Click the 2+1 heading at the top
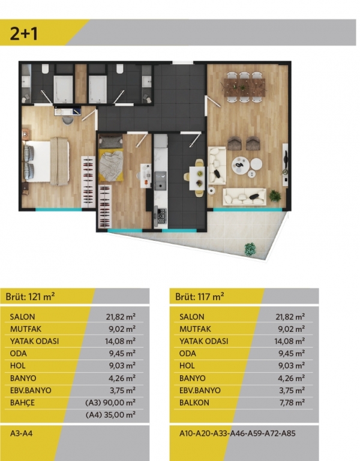click(x=24, y=33)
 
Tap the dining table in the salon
click(x=245, y=86)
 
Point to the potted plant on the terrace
click(x=250, y=249)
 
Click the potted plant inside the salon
click(x=274, y=195)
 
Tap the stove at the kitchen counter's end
click(x=161, y=217)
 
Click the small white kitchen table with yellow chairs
click(x=197, y=178)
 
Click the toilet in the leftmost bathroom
click(x=45, y=69)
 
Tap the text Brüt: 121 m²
click(x=30, y=297)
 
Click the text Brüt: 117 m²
click(x=200, y=297)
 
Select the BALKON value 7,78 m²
click(x=292, y=402)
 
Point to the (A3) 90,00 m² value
click(x=110, y=402)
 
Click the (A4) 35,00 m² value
click(x=110, y=415)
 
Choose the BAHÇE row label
click(x=22, y=402)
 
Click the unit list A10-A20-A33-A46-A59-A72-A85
click(x=238, y=433)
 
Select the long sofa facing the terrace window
click(x=245, y=197)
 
